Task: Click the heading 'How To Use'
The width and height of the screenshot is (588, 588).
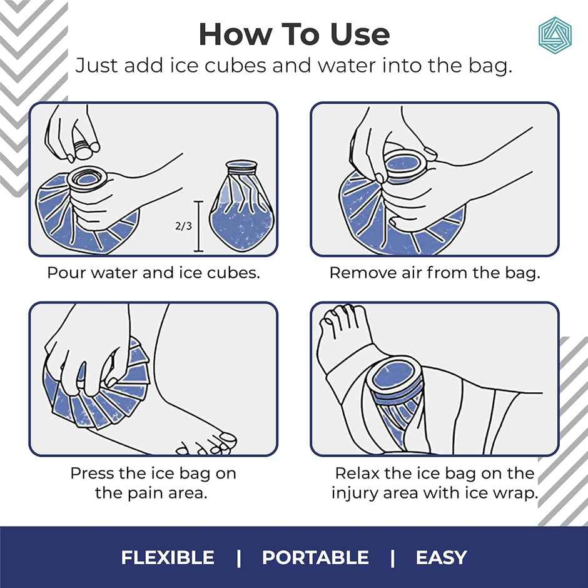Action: [294, 34]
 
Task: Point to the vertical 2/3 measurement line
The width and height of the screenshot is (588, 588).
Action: [200, 226]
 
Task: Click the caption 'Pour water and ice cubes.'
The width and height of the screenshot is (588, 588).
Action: [153, 273]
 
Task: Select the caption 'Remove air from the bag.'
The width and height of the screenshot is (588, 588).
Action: [434, 273]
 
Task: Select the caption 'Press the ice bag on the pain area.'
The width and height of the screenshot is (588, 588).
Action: [153, 482]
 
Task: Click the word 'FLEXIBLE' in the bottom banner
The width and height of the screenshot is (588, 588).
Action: [168, 557]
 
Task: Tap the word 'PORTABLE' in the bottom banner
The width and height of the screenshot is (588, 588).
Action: [315, 557]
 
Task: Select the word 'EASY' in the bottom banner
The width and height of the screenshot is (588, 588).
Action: [441, 557]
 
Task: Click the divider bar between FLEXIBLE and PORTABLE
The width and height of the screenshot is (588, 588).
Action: [238, 557]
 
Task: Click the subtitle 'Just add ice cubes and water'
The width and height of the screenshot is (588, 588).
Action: [294, 66]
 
